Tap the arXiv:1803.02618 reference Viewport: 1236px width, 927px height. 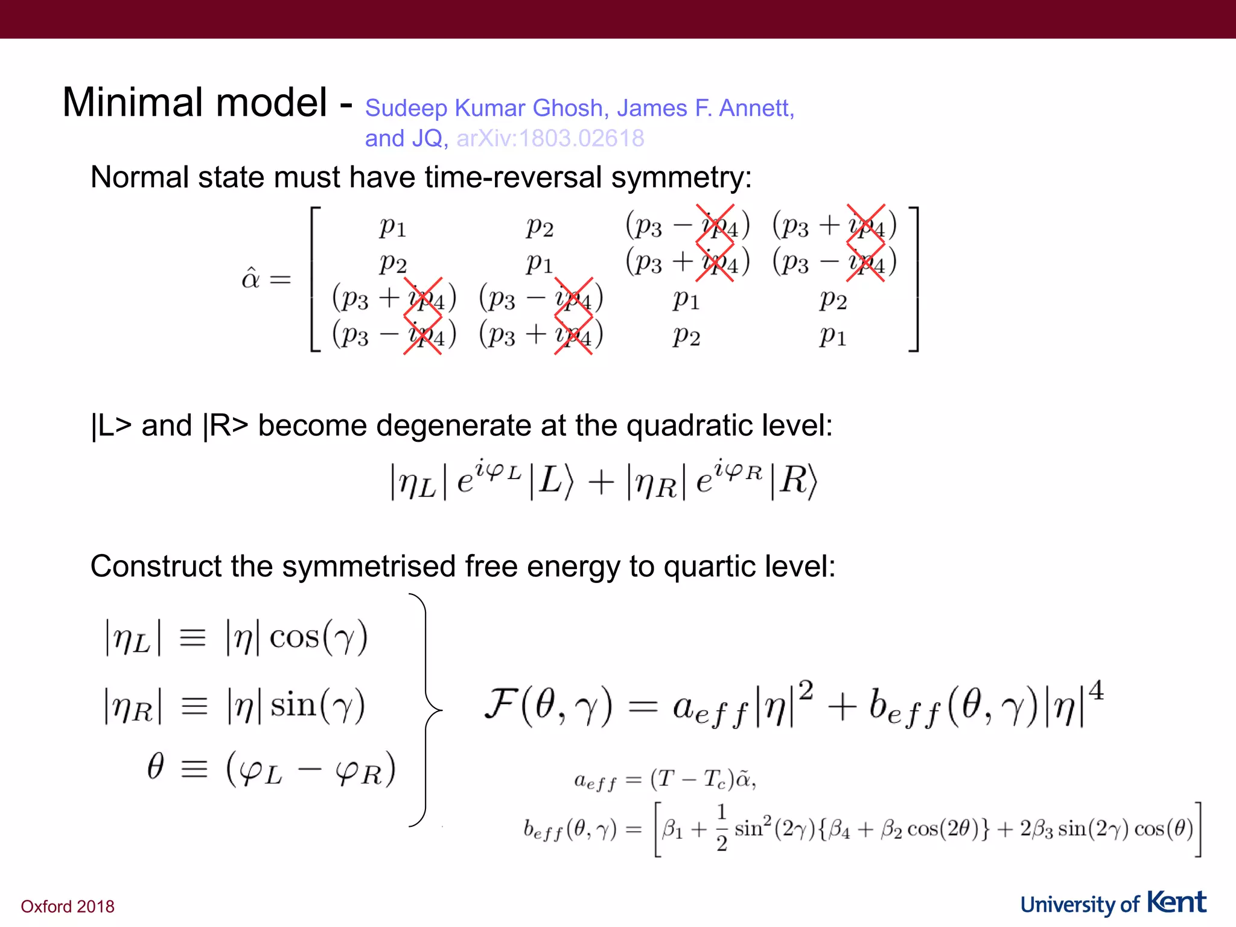click(x=550, y=139)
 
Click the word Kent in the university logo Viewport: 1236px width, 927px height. click(x=1176, y=903)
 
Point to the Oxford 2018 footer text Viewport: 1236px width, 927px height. click(x=68, y=906)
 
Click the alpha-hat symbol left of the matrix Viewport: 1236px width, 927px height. click(x=251, y=278)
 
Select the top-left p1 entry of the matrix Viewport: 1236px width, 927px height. click(x=393, y=227)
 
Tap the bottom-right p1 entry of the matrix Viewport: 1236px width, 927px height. click(x=833, y=335)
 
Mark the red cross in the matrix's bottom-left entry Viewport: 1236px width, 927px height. click(x=422, y=335)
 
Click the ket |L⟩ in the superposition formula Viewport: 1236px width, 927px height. click(x=551, y=481)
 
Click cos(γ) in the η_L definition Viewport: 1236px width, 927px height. click(x=318, y=637)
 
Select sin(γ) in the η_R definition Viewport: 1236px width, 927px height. click(x=317, y=705)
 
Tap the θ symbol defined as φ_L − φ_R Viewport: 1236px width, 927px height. click(x=156, y=768)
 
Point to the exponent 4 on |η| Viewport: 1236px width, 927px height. click(x=1096, y=690)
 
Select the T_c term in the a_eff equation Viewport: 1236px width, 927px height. click(x=714, y=780)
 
